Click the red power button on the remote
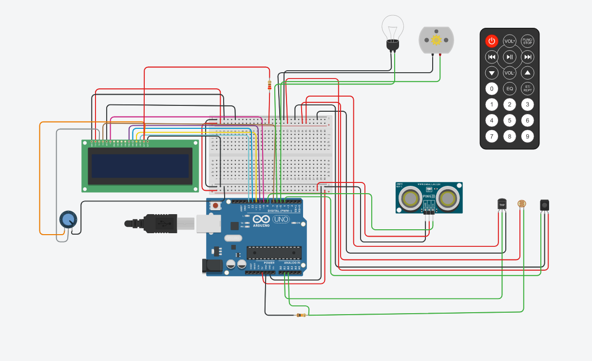tap(492, 41)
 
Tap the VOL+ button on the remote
tap(510, 41)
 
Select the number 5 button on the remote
tap(510, 120)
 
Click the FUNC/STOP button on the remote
tap(527, 41)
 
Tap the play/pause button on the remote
tap(510, 57)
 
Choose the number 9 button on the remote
tap(527, 136)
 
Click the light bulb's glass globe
tap(392, 27)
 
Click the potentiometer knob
tap(68, 220)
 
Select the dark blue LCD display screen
tap(140, 166)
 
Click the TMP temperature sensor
tap(502, 204)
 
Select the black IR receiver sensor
tap(545, 205)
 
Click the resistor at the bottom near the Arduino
tap(301, 315)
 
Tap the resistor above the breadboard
tap(269, 86)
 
